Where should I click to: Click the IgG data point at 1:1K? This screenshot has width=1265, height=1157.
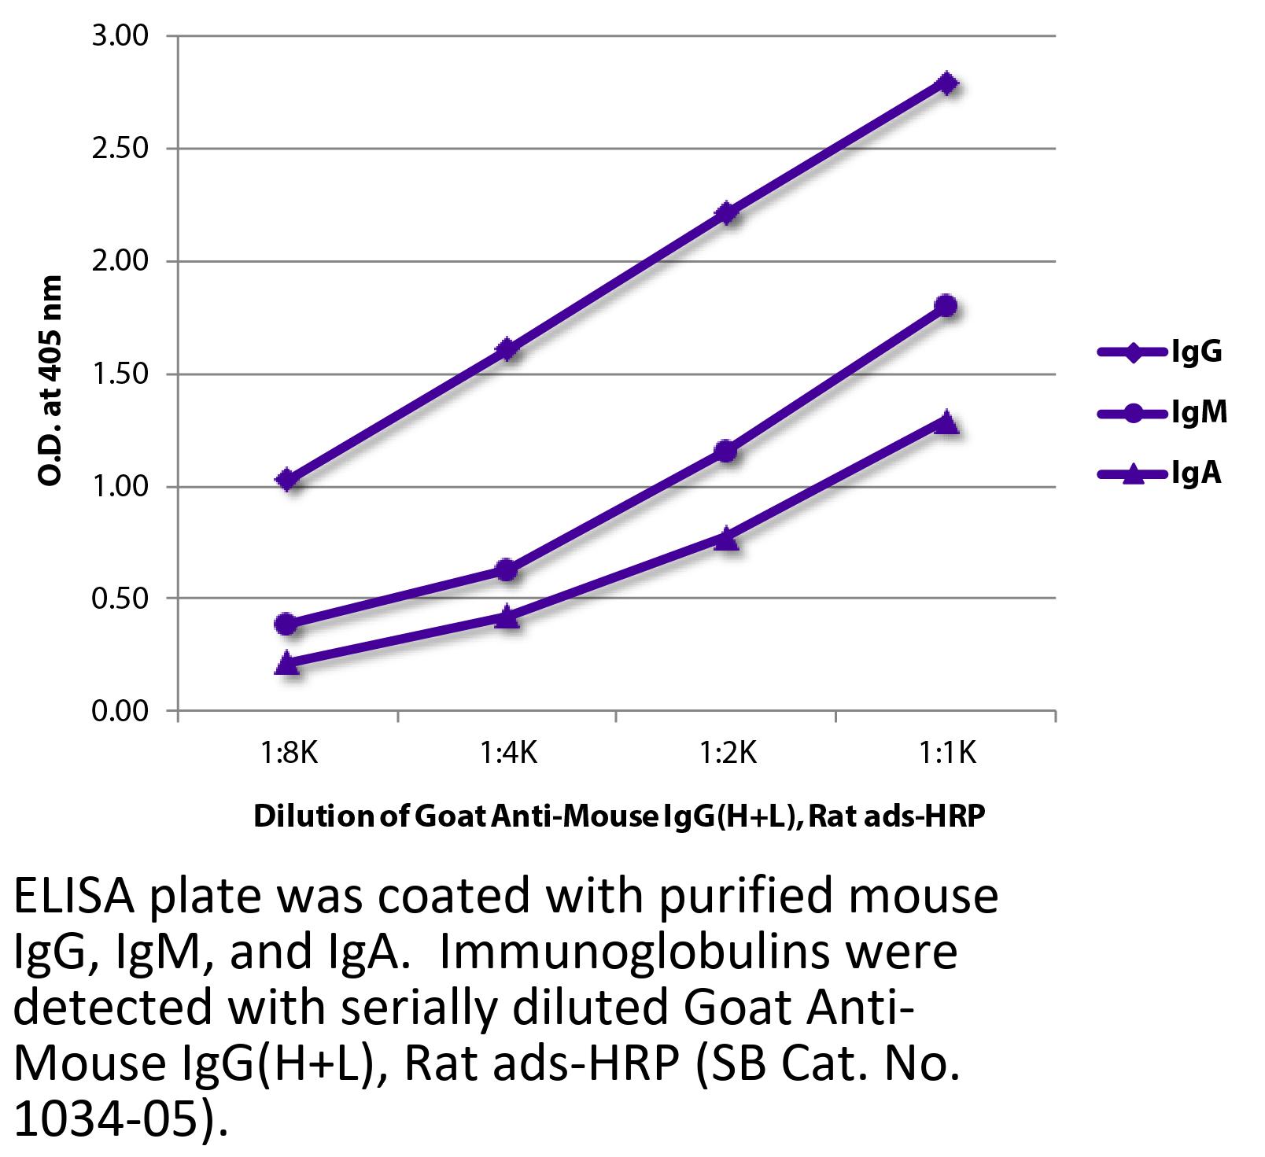[946, 83]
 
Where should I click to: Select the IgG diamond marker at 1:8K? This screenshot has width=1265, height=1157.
[287, 480]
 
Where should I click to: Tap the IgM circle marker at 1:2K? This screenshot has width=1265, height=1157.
[726, 451]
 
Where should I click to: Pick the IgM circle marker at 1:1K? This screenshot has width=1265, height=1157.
[946, 306]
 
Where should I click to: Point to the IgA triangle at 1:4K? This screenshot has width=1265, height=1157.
[507, 617]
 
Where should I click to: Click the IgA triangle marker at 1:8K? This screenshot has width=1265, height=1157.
[287, 663]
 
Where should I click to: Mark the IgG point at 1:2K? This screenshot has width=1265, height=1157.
[726, 212]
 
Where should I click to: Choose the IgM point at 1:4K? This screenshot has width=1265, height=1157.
[507, 569]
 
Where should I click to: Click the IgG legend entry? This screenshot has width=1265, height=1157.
[1160, 352]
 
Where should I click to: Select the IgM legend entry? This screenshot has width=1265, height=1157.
[1162, 412]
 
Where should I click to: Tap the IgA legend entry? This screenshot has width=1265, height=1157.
[1160, 473]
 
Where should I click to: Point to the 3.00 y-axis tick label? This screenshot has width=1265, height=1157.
[120, 36]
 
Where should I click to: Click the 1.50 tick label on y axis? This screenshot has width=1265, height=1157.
[120, 374]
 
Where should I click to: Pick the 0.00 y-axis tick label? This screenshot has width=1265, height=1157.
[120, 712]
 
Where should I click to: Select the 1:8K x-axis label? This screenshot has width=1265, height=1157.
[289, 754]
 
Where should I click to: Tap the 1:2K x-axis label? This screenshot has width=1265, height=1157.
[728, 754]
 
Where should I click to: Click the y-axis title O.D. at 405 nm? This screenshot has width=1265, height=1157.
[50, 381]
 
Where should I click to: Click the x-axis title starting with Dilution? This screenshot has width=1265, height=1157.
[618, 817]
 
